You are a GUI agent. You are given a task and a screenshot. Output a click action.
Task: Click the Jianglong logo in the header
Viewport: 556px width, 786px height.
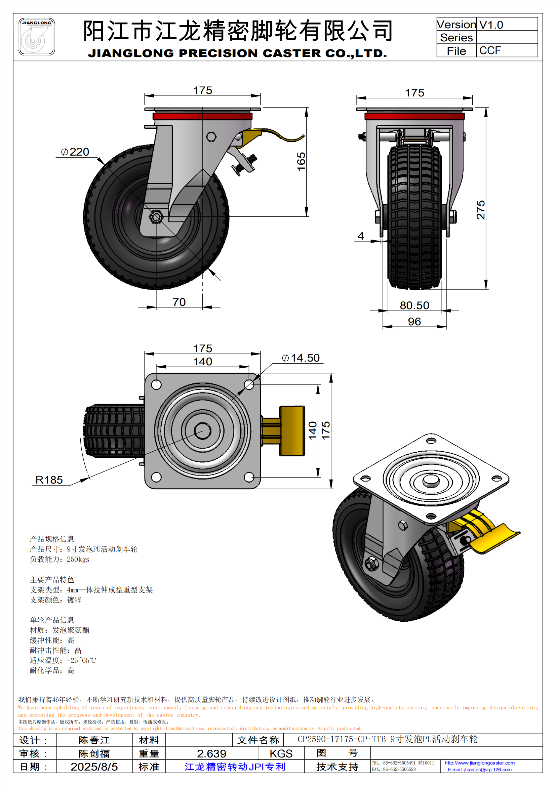point(36,37)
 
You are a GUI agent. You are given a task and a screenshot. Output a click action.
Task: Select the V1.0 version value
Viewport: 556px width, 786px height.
point(491,25)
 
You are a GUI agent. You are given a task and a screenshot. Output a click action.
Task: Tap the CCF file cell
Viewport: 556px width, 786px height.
point(490,50)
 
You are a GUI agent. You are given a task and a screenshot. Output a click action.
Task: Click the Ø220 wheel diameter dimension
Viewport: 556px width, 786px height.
point(75,152)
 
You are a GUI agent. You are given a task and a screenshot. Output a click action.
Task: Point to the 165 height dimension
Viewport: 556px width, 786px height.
point(301,161)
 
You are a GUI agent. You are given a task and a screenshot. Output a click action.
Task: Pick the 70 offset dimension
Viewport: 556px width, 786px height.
point(179,302)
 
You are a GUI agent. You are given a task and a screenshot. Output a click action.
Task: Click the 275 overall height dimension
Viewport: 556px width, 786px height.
point(481,209)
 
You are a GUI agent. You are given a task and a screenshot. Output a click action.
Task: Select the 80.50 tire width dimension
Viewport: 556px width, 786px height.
point(414,305)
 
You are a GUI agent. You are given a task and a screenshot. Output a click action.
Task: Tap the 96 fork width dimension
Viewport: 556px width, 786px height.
point(414,322)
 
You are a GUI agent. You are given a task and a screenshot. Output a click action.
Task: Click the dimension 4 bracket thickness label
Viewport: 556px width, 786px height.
point(360,236)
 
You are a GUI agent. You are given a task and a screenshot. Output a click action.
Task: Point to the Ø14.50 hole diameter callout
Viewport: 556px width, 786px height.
point(301,358)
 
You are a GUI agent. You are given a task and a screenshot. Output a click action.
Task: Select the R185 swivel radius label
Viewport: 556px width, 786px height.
point(49,480)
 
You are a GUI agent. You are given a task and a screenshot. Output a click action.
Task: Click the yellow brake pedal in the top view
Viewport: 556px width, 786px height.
point(291,431)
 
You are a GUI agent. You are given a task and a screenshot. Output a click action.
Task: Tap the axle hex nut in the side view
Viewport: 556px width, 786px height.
point(156,216)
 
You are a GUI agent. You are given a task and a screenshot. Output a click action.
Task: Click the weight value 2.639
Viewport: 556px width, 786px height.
point(211,753)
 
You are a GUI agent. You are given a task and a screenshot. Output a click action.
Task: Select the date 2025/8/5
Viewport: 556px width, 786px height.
point(94,767)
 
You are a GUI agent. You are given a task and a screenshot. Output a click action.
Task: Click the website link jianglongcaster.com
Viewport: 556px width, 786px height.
point(479,763)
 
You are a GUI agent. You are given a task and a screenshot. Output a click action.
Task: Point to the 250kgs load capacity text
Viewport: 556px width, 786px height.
point(78,560)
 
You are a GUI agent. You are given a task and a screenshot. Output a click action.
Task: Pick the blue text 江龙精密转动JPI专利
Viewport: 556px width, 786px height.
point(235,767)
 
